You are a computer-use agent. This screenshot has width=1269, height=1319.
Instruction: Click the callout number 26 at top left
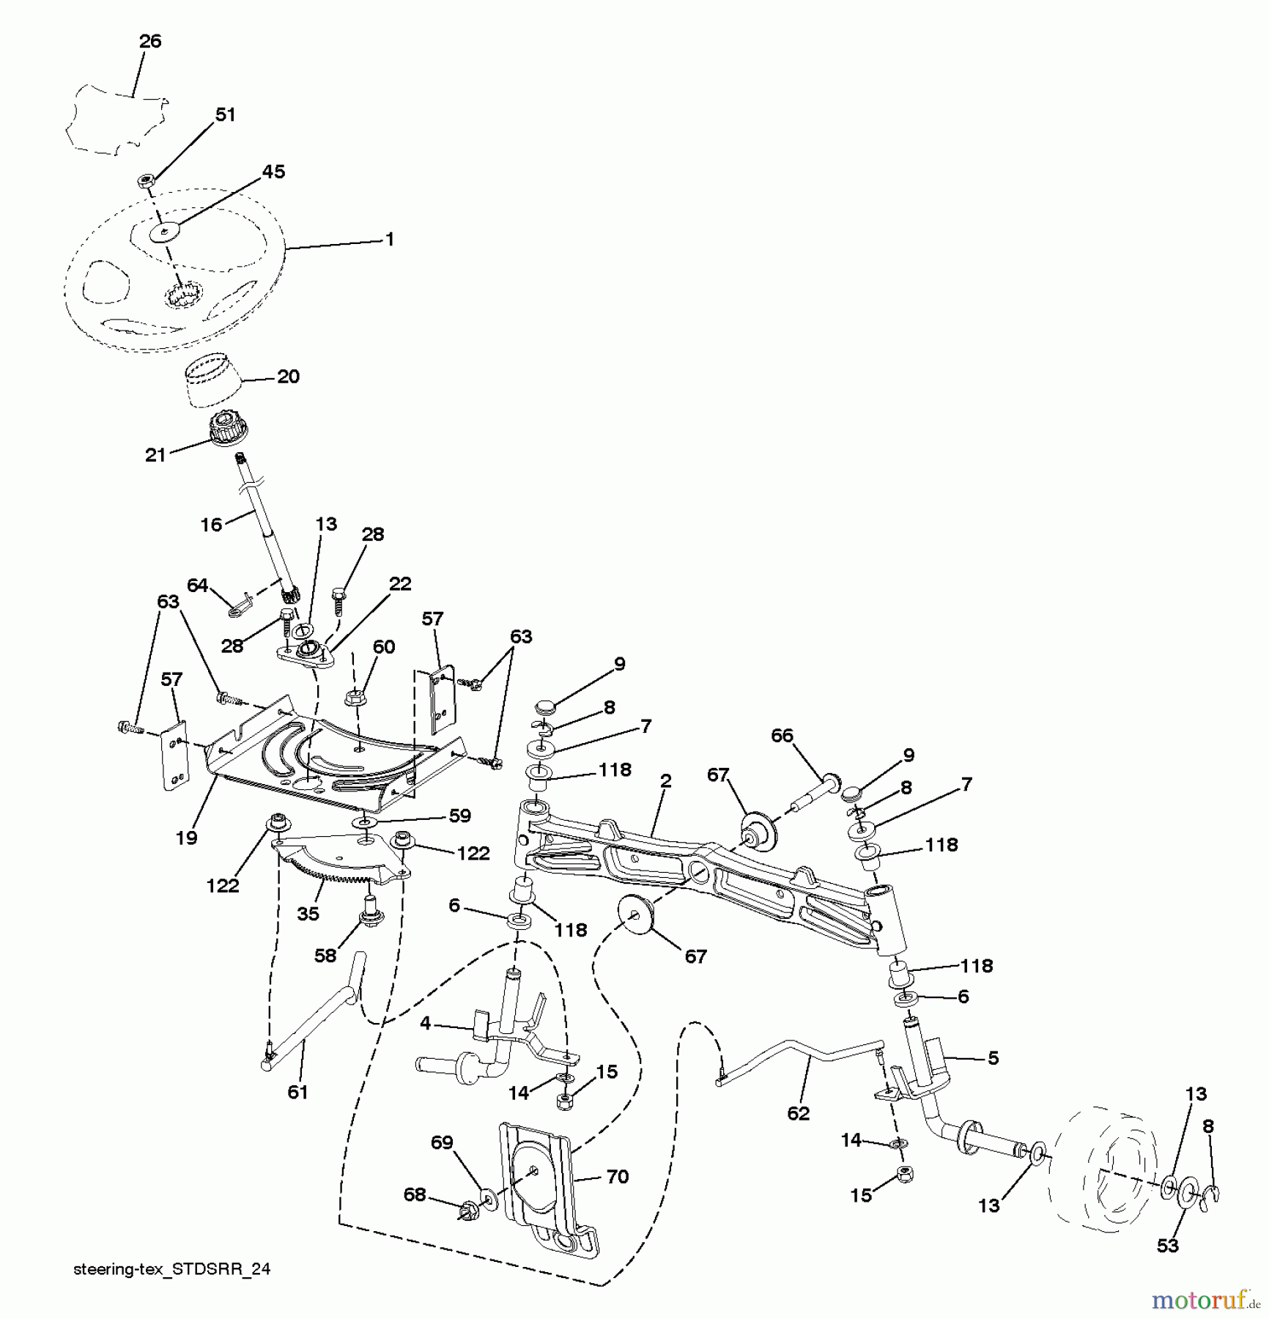click(x=150, y=42)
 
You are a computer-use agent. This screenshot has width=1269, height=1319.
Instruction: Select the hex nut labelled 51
click(x=147, y=180)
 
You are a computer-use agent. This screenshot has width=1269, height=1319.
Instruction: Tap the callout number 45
click(x=273, y=171)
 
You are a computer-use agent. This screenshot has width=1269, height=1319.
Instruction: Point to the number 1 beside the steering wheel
click(x=390, y=240)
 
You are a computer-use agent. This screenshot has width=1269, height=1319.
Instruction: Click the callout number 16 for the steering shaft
click(x=211, y=525)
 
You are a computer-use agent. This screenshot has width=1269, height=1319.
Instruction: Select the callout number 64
click(x=198, y=585)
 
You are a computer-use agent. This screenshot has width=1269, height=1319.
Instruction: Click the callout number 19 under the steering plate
click(x=187, y=838)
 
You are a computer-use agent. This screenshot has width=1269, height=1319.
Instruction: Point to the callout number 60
click(x=384, y=647)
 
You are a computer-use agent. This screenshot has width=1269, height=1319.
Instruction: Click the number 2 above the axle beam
click(x=665, y=781)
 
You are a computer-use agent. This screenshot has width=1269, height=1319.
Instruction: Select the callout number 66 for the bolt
click(x=782, y=736)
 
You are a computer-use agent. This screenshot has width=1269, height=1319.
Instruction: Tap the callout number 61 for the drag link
click(x=297, y=1093)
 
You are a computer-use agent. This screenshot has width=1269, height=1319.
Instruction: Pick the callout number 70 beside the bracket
click(x=618, y=1177)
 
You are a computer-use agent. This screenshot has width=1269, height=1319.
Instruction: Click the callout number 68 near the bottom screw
click(x=415, y=1195)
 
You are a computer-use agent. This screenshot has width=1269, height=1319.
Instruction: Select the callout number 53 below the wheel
click(x=1168, y=1246)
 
